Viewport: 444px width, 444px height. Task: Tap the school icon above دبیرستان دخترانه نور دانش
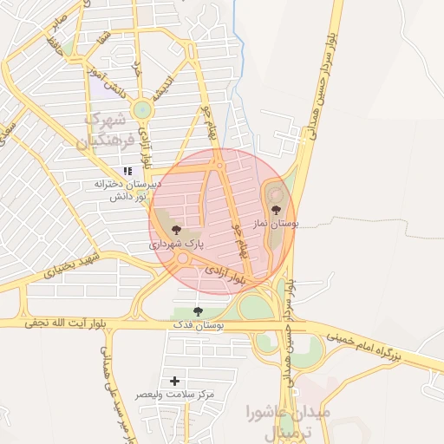(127, 172)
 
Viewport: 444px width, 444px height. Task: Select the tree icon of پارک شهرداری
(177, 230)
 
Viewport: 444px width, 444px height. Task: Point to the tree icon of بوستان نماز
(276, 209)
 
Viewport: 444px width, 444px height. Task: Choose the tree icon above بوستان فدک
(199, 310)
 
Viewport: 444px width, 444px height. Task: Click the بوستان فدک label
(199, 325)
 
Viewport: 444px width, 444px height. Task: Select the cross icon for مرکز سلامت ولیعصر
(175, 381)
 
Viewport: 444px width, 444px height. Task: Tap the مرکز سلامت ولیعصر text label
(174, 395)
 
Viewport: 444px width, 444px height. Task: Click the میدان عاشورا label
(288, 412)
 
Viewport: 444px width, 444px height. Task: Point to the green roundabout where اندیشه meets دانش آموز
(141, 110)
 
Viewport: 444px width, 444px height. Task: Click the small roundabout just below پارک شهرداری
(183, 258)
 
